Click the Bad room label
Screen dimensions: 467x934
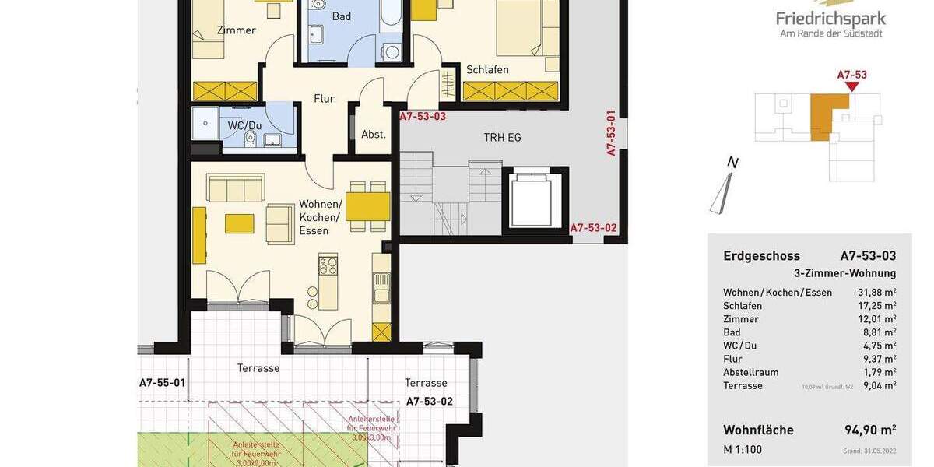(x=341, y=16)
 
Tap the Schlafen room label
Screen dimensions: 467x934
(x=487, y=70)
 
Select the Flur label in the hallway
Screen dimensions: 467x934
(x=324, y=99)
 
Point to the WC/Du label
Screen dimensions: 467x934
(x=244, y=125)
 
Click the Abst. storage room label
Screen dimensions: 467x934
(x=374, y=134)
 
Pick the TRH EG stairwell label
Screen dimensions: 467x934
(x=502, y=138)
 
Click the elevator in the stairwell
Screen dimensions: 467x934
(x=535, y=200)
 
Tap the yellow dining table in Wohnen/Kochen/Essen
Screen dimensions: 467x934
(x=367, y=207)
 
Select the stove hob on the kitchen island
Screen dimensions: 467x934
(x=328, y=265)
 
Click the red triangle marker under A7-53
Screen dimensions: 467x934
(x=851, y=86)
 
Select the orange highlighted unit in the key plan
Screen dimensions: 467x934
(x=825, y=115)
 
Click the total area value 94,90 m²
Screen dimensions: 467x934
(x=870, y=430)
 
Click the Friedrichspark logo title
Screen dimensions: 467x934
(x=830, y=19)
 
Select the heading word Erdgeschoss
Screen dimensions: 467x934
(x=761, y=256)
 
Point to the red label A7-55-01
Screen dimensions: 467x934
(x=162, y=383)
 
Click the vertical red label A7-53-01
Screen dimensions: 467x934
(x=612, y=133)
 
